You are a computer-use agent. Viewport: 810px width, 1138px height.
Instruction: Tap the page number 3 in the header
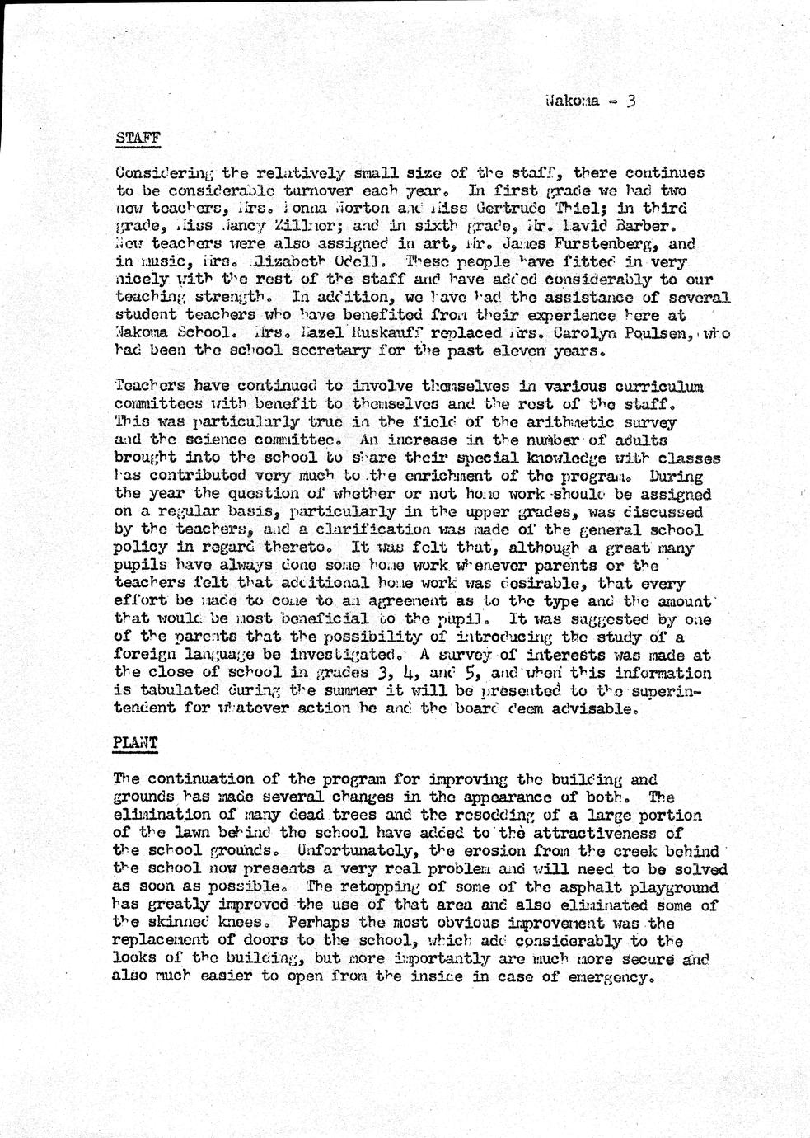pyautogui.click(x=630, y=102)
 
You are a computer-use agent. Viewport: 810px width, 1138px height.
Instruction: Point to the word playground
pyautogui.click(x=674, y=887)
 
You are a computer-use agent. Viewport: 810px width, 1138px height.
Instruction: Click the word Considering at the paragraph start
pyautogui.click(x=165, y=173)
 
